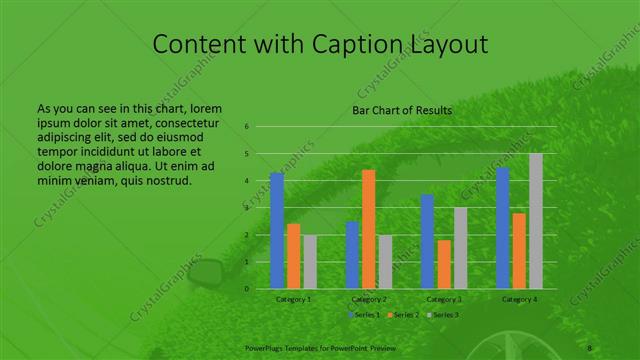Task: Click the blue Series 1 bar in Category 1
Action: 277,231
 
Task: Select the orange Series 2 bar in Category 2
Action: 368,229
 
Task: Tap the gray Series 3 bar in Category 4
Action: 536,221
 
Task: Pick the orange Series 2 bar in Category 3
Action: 444,264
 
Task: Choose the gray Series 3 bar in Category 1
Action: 310,262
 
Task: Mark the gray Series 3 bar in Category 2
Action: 385,262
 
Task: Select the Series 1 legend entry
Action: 364,315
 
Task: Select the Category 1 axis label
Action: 293,299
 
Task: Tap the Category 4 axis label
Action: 519,299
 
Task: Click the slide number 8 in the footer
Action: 590,347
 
